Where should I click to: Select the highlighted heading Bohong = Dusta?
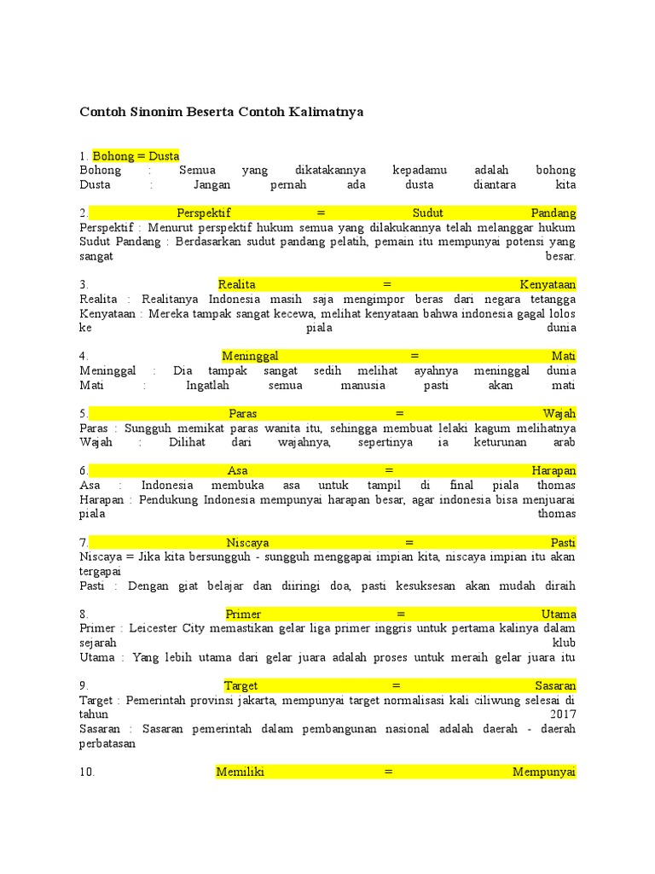(x=136, y=155)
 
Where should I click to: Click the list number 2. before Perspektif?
(x=84, y=213)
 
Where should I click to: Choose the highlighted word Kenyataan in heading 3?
(x=548, y=284)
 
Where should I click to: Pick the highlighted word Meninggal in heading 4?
(x=250, y=356)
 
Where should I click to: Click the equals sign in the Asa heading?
(x=389, y=470)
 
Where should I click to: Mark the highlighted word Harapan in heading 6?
(x=554, y=470)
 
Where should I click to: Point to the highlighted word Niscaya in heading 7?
(x=247, y=542)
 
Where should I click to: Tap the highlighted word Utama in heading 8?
(x=559, y=614)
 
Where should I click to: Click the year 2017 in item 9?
(x=563, y=714)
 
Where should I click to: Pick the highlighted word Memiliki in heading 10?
(x=241, y=772)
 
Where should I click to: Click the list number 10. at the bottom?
(x=87, y=772)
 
